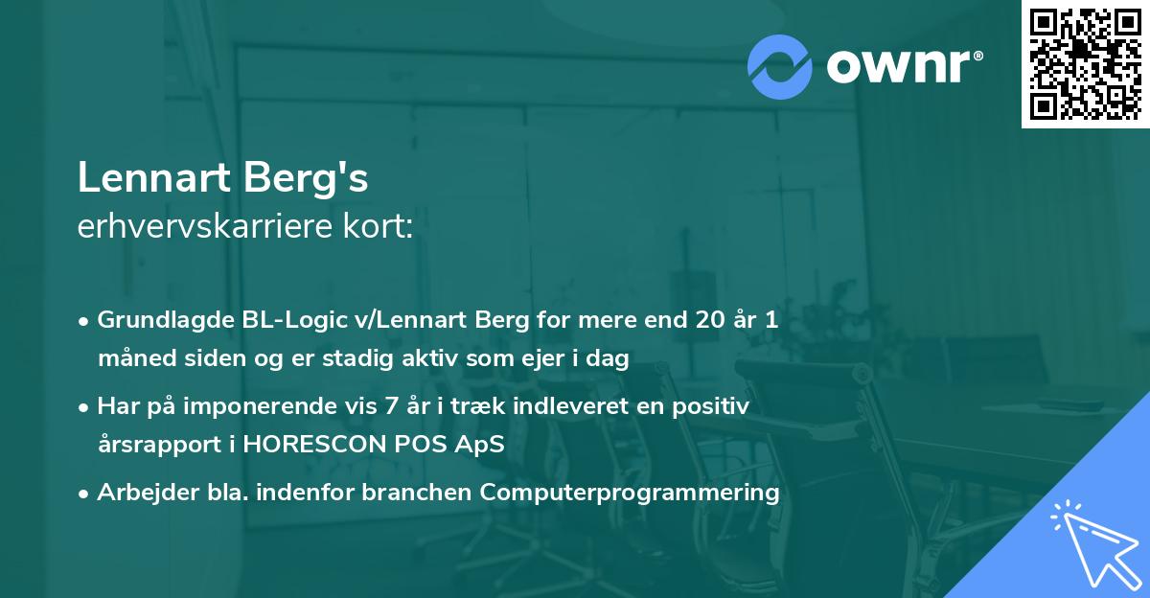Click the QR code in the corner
tap(1085, 63)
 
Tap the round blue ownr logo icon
tap(779, 66)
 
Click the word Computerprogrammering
tap(631, 493)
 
